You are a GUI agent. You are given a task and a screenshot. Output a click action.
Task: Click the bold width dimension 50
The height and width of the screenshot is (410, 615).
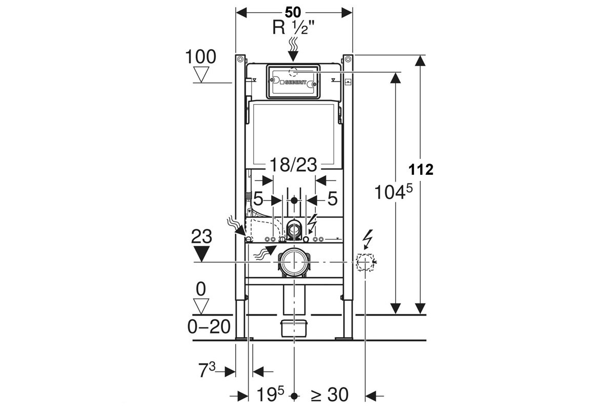click(x=293, y=12)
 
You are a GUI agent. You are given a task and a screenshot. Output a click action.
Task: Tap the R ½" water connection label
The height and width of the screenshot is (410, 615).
click(x=293, y=28)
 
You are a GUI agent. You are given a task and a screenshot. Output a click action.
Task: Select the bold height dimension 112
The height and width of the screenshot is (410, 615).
click(x=421, y=170)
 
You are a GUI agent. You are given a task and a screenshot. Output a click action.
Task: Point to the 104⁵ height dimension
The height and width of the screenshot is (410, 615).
click(x=394, y=191)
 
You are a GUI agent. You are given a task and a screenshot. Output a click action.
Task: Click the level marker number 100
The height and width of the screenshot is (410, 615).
click(x=201, y=57)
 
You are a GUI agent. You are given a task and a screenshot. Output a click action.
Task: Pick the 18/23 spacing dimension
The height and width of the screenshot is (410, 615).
click(x=293, y=165)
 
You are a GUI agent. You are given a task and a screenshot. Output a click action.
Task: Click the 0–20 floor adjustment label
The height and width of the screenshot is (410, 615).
click(x=209, y=327)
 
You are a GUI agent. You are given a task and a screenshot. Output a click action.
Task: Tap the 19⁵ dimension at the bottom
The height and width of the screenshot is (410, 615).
click(x=270, y=395)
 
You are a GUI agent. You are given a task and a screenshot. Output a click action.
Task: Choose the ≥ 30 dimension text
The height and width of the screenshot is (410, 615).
click(x=330, y=395)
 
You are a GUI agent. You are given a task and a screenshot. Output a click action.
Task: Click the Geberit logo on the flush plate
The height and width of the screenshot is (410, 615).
click(x=293, y=82)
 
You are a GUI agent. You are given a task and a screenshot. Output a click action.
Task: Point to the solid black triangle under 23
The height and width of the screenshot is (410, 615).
click(x=201, y=254)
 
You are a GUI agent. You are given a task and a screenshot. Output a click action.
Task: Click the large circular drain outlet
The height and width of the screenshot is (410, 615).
click(x=294, y=262)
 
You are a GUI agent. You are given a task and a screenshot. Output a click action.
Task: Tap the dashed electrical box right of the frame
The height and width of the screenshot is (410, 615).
click(x=365, y=262)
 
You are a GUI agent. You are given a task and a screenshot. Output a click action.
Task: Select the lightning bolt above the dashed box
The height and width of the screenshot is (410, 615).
click(x=367, y=239)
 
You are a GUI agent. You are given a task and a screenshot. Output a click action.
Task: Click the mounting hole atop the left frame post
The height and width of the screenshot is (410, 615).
click(x=240, y=59)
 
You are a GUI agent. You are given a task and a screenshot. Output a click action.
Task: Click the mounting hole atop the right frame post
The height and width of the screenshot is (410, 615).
click(x=348, y=59)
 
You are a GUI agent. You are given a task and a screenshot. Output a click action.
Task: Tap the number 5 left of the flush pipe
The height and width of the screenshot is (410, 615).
click(x=258, y=198)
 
